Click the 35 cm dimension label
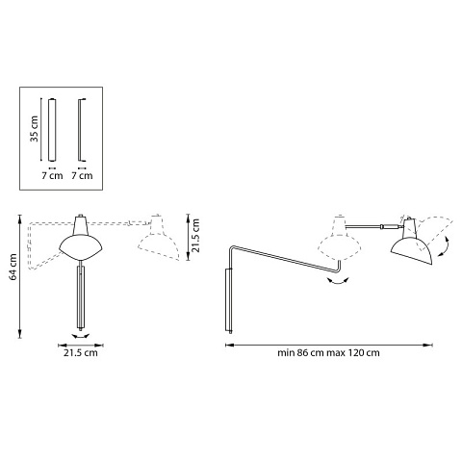pyautogui.click(x=34, y=129)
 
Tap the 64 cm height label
pyautogui.click(x=13, y=267)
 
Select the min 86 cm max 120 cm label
pyautogui.click(x=328, y=353)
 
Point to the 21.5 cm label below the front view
pyautogui.click(x=80, y=353)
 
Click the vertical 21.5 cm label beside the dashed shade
pyautogui.click(x=195, y=236)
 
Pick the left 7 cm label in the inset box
pyautogui.click(x=52, y=175)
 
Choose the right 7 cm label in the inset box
pyautogui.click(x=82, y=175)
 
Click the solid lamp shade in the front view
pyautogui.click(x=81, y=238)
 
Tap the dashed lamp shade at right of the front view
pyautogui.click(x=158, y=238)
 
